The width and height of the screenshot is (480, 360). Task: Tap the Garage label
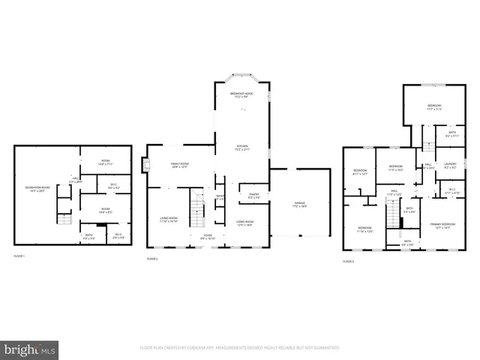tap(299, 203)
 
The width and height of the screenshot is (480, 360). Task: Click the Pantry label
tap(253, 196)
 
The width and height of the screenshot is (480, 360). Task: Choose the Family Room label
tap(179, 164)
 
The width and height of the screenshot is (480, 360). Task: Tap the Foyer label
tap(208, 235)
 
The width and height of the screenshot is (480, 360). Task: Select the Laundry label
tap(450, 165)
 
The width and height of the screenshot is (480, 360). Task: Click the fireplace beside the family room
tap(144, 163)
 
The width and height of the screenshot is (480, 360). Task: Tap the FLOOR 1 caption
tap(19, 256)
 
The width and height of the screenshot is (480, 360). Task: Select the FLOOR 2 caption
tap(153, 258)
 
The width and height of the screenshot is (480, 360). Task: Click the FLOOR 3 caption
tap(348, 260)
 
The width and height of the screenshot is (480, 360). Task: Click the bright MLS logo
tap(30, 349)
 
